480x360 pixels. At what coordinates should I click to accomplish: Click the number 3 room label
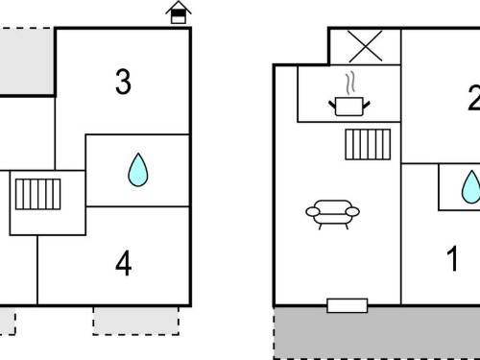click(123, 83)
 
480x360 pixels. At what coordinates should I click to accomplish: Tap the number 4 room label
click(124, 263)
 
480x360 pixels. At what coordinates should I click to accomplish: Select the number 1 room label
click(453, 258)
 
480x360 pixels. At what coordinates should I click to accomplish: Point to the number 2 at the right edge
click(474, 98)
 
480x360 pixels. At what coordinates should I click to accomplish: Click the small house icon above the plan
click(179, 12)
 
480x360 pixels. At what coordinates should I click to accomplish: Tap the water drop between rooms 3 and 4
click(138, 170)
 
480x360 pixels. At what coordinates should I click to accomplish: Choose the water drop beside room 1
click(470, 187)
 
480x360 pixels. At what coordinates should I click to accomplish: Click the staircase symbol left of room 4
click(37, 194)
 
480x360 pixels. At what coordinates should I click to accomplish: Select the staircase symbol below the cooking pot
click(368, 144)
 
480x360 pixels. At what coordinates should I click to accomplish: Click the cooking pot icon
click(349, 107)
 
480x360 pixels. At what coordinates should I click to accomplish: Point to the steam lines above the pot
click(350, 83)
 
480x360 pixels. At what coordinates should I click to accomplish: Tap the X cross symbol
click(365, 46)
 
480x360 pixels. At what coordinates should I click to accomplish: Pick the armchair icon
click(333, 215)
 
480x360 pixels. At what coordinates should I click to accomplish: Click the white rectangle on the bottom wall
click(348, 305)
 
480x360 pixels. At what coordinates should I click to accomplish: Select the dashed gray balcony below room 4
click(136, 321)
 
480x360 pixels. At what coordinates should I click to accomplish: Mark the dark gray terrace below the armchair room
click(377, 333)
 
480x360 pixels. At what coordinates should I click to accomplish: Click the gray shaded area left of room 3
click(27, 61)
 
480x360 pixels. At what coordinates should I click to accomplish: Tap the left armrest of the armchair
click(313, 211)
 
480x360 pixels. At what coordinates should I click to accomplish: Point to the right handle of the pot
click(367, 105)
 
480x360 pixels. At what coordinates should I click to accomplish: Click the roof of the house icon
click(179, 7)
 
